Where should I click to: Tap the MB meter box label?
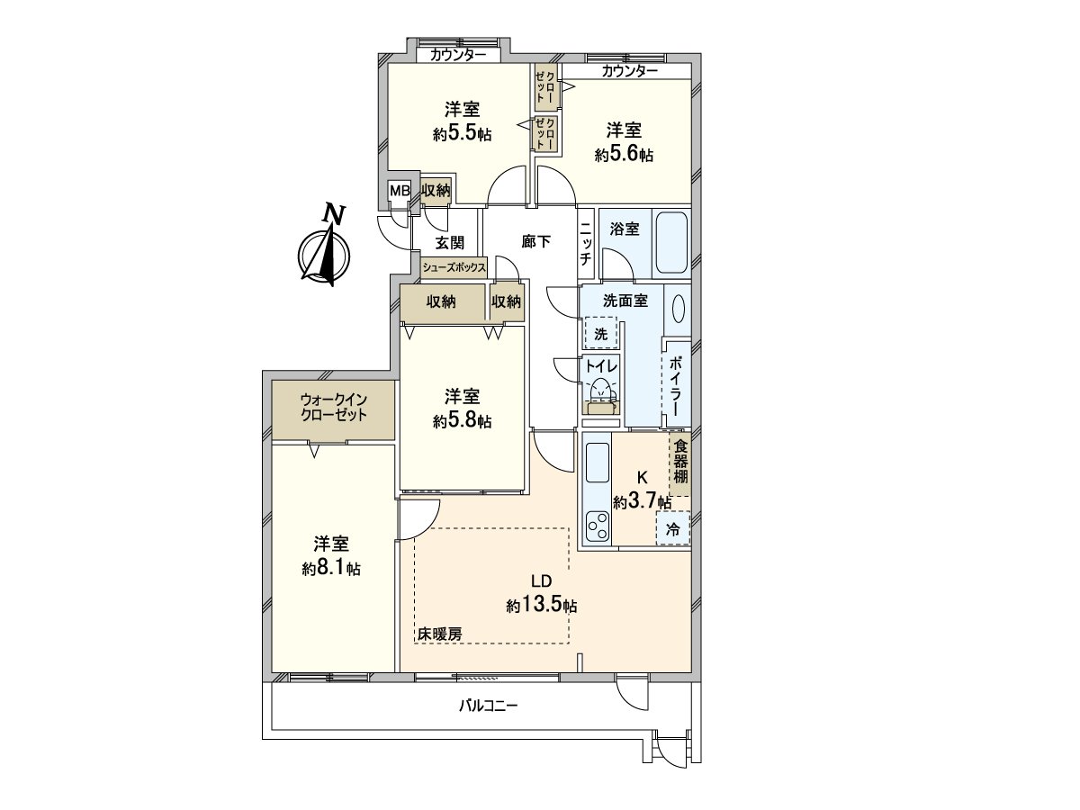[400, 190]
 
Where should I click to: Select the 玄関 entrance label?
[449, 242]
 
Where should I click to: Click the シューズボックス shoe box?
[454, 268]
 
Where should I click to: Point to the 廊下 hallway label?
[535, 241]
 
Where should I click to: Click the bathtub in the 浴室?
[671, 243]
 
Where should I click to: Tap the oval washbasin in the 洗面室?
[678, 309]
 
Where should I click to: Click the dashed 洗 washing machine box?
[600, 332]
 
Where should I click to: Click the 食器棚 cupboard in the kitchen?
[680, 463]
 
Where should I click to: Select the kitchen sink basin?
[598, 463]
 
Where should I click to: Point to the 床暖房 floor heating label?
[440, 634]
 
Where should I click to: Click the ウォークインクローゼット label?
[333, 407]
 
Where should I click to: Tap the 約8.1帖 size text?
[330, 569]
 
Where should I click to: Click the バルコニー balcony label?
[488, 706]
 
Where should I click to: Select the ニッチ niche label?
[586, 243]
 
